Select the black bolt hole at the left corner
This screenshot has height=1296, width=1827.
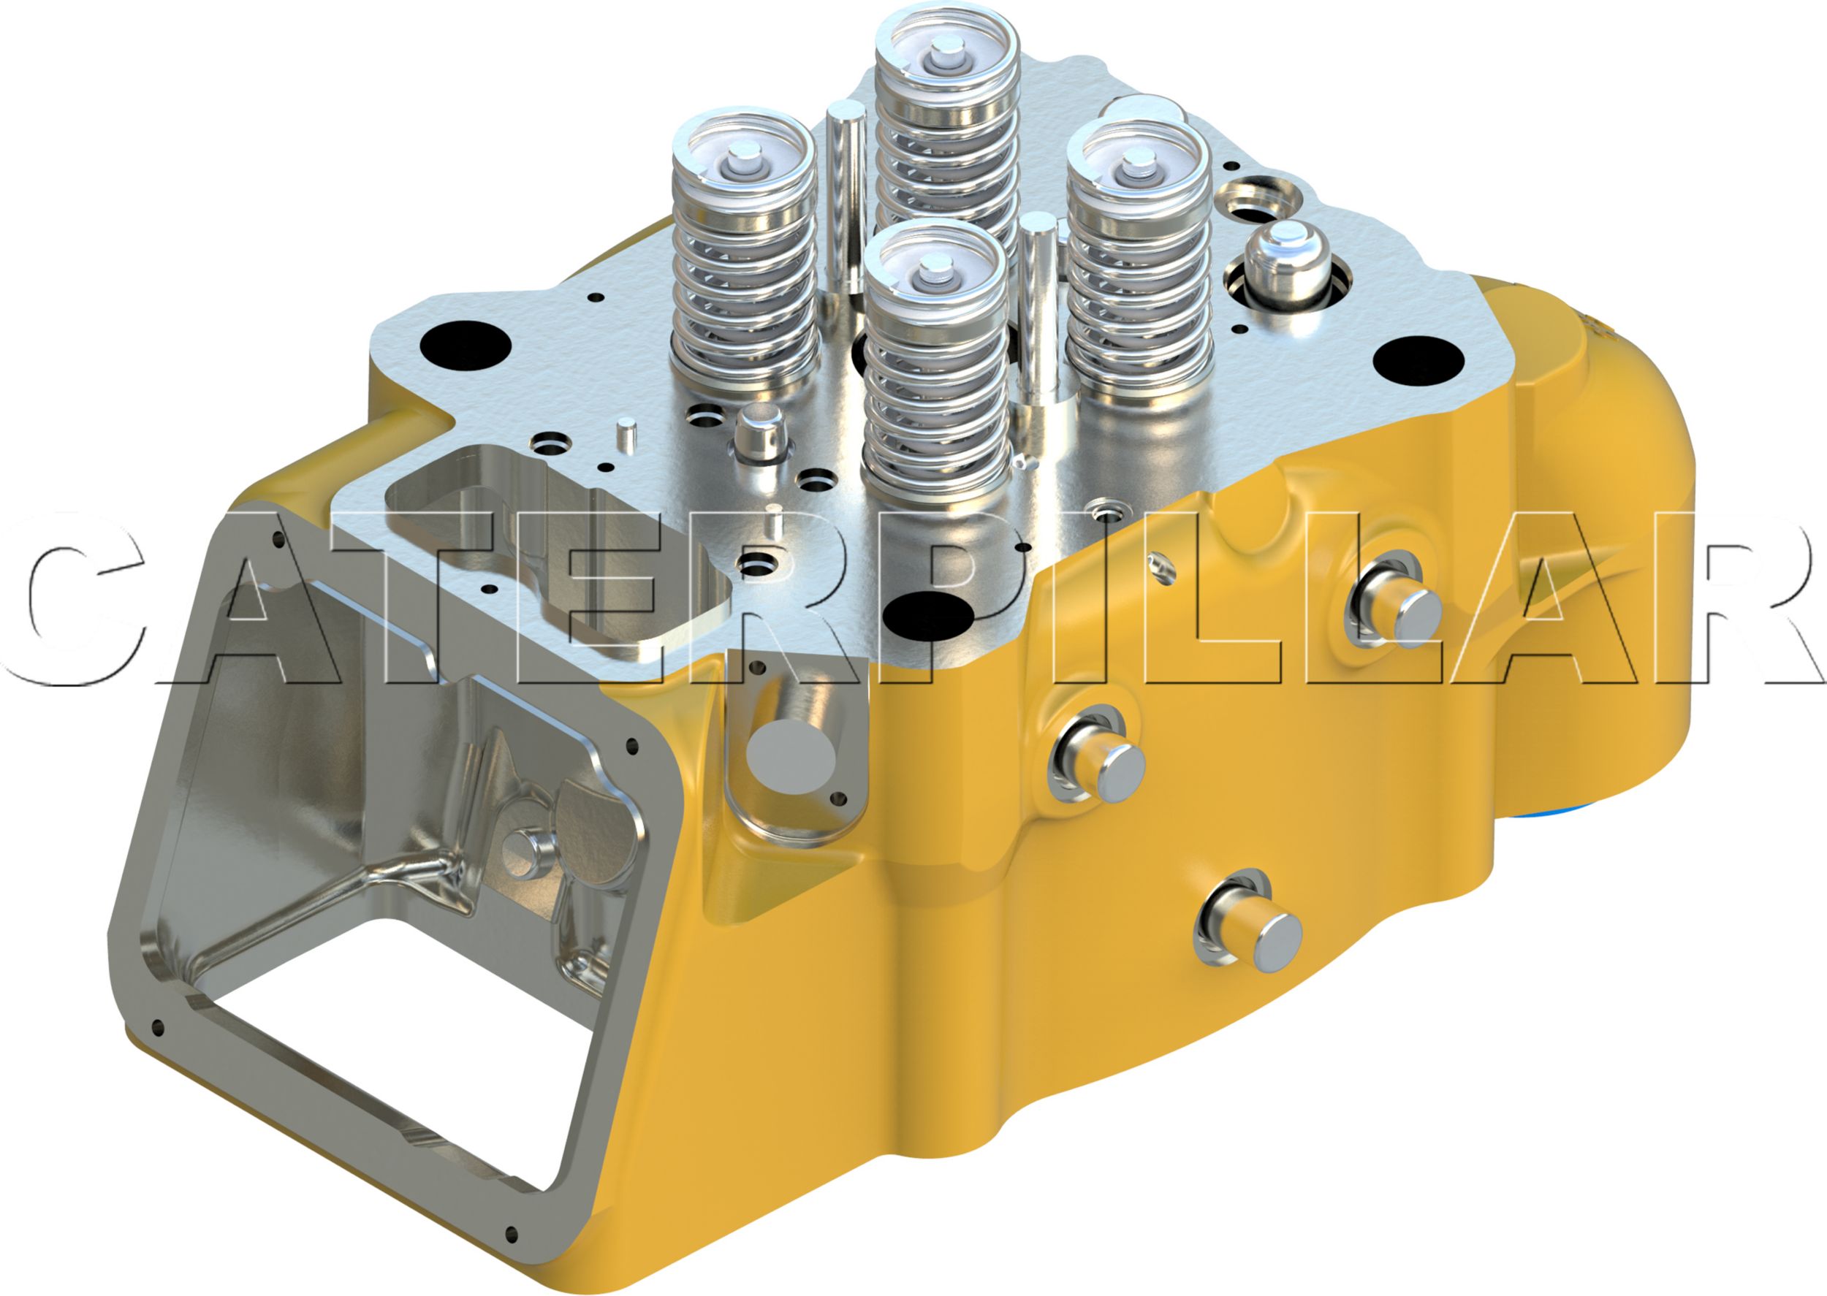coord(466,343)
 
